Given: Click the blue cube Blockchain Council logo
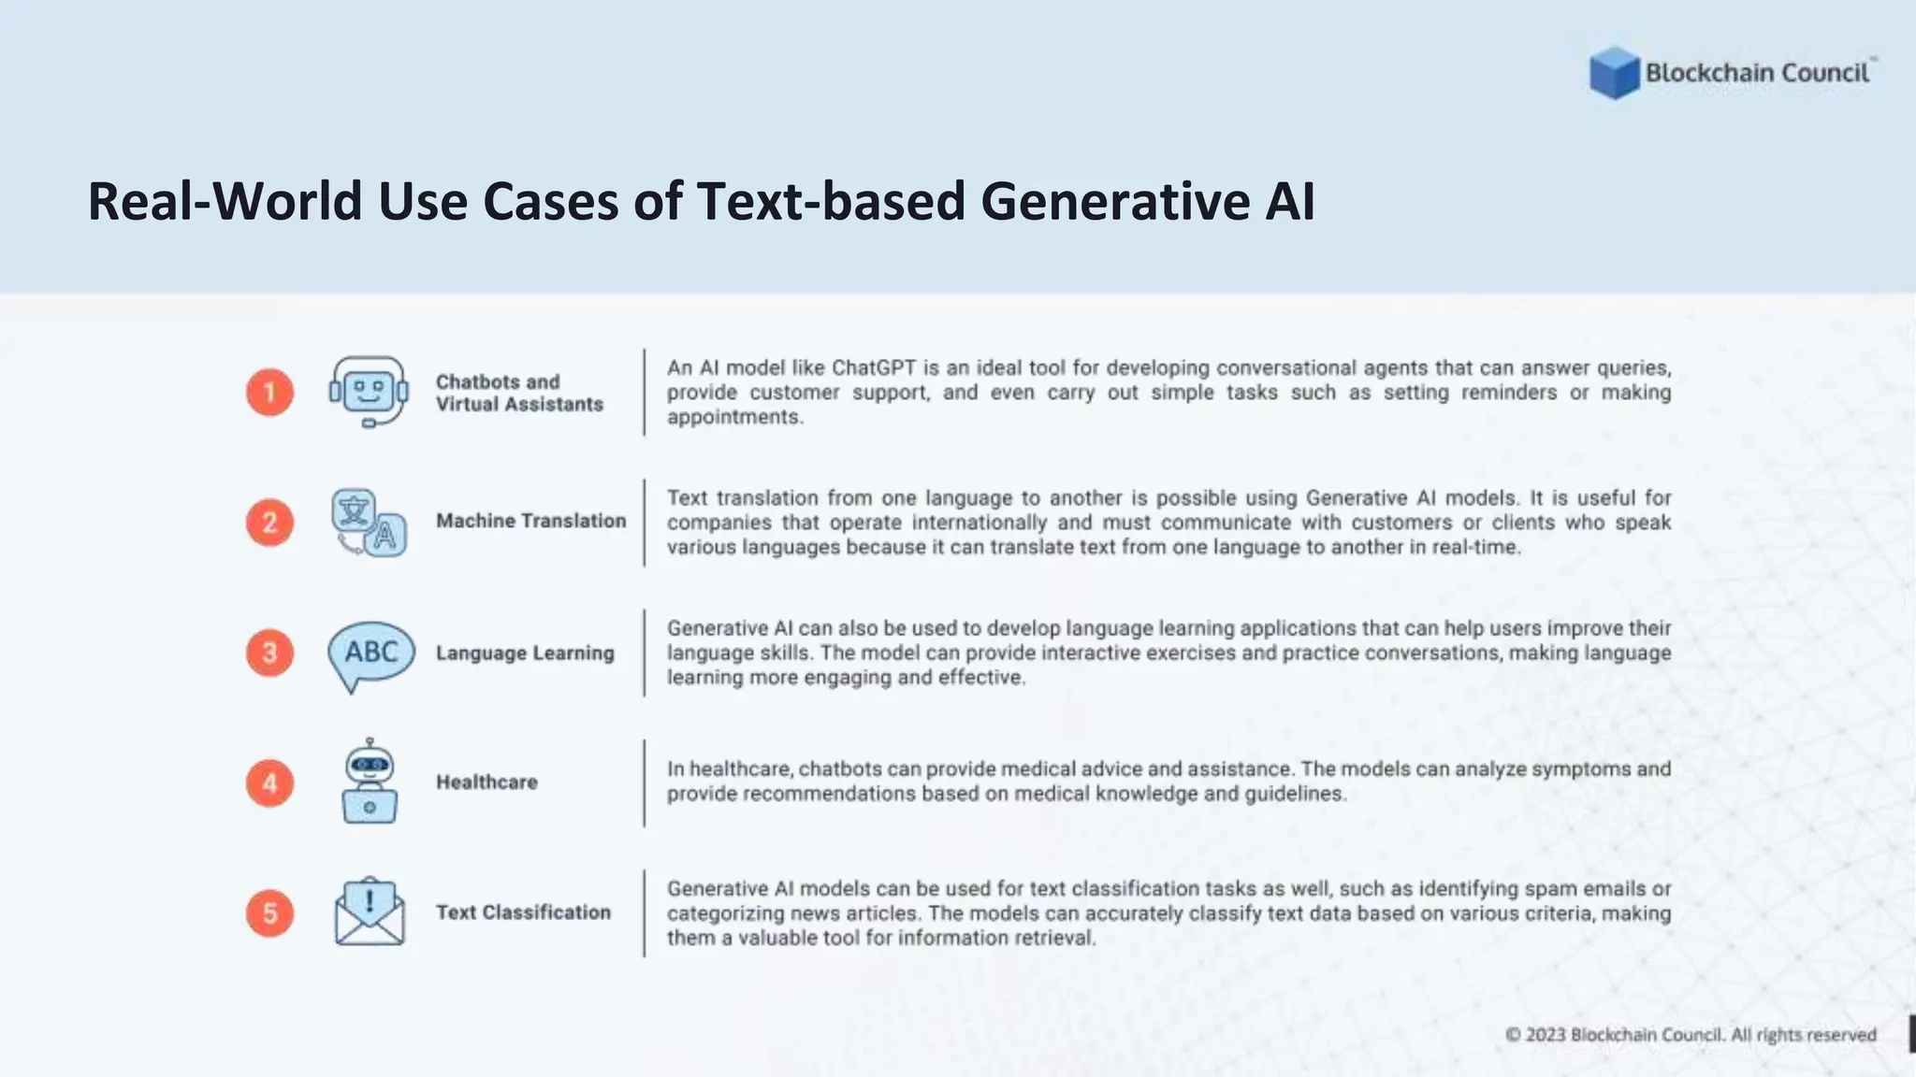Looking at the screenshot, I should (x=1614, y=73).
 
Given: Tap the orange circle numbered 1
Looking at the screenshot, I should (x=269, y=392).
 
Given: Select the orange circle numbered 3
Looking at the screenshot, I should (x=269, y=653).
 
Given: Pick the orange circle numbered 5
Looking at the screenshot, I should (x=269, y=912).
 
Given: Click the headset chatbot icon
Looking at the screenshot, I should (x=369, y=392).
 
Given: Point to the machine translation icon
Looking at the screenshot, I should (x=369, y=523).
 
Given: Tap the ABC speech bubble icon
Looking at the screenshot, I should (x=370, y=654).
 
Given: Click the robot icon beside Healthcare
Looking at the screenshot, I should (x=370, y=783).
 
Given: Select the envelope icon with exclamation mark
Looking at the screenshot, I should (x=370, y=912).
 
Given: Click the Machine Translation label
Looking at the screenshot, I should (x=530, y=521).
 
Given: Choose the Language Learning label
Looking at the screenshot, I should (x=525, y=653).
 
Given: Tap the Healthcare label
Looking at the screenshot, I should (x=486, y=782).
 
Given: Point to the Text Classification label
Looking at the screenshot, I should (x=523, y=912).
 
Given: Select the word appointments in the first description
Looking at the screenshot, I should (x=734, y=417).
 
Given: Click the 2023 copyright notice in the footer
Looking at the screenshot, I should (x=1691, y=1035).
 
